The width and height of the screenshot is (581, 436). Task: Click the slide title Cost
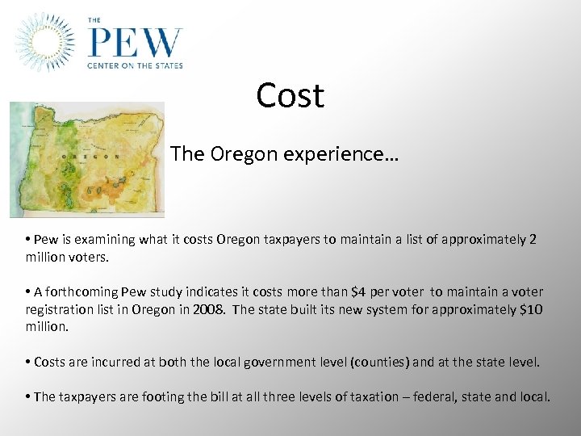click(290, 95)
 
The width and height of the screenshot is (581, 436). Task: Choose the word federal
click(452, 396)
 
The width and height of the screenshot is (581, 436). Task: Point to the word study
click(166, 291)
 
